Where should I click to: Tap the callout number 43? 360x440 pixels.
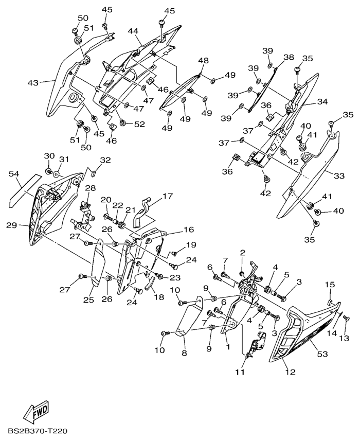tap(33, 82)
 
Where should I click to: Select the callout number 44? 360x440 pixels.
tap(134, 32)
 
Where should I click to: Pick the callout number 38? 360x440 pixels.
tap(289, 57)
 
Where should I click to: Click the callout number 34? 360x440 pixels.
tap(322, 102)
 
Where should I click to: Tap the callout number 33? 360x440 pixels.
tap(339, 176)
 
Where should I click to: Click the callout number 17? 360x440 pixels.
tap(168, 196)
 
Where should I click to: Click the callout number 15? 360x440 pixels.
tap(329, 285)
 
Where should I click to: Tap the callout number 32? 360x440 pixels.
tap(105, 160)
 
